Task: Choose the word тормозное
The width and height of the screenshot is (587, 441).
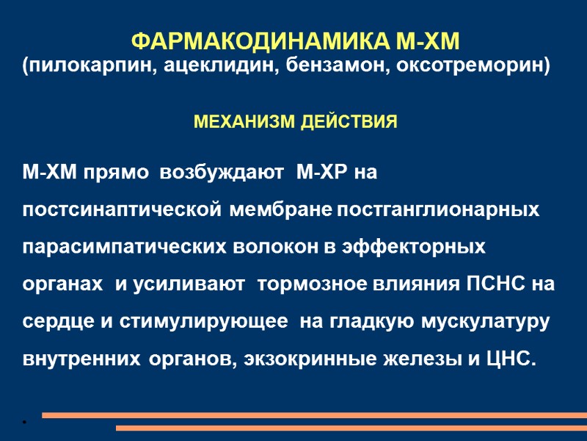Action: click(302, 284)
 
